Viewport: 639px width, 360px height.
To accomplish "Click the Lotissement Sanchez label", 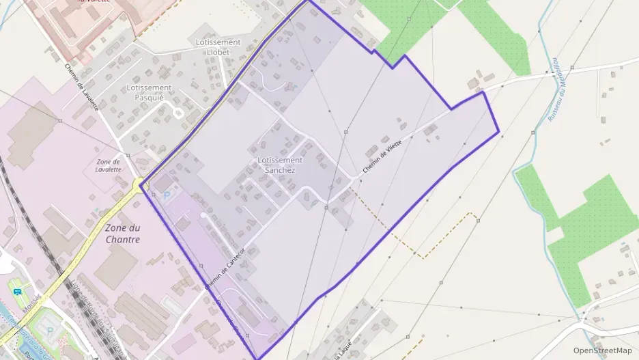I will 280,165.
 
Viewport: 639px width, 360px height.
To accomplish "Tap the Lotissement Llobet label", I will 218,47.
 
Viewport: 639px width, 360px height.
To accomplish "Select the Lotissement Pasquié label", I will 149,92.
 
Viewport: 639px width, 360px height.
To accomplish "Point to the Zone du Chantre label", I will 123,234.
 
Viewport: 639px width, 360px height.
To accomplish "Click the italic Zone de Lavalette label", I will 108,165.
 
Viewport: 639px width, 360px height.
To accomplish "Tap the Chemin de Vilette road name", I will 383,155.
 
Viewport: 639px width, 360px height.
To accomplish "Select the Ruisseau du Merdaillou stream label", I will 556,89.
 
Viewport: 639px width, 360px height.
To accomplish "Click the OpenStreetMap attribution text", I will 602,350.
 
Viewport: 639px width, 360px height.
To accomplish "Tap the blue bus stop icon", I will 17,291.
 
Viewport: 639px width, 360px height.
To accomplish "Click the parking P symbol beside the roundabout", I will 167,195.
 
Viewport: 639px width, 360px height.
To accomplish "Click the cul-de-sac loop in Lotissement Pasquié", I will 179,113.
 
